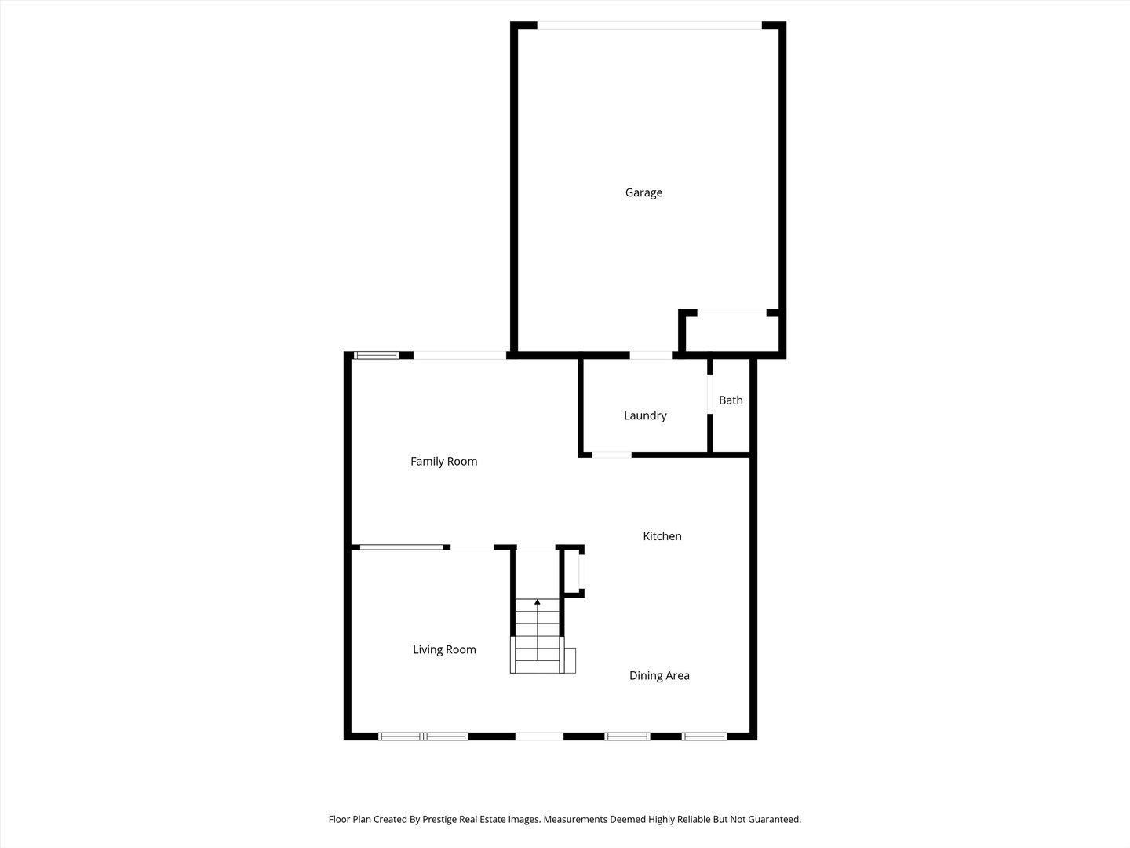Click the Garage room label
643,192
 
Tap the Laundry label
645,415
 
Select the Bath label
731,400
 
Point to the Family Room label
443,462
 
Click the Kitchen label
662,536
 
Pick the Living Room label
444,649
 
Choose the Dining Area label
659,675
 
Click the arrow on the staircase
538,603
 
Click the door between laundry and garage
651,356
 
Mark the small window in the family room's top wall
377,356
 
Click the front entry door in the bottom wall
539,737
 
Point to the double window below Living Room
424,737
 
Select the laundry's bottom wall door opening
611,455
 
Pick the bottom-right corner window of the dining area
704,737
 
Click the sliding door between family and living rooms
401,547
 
